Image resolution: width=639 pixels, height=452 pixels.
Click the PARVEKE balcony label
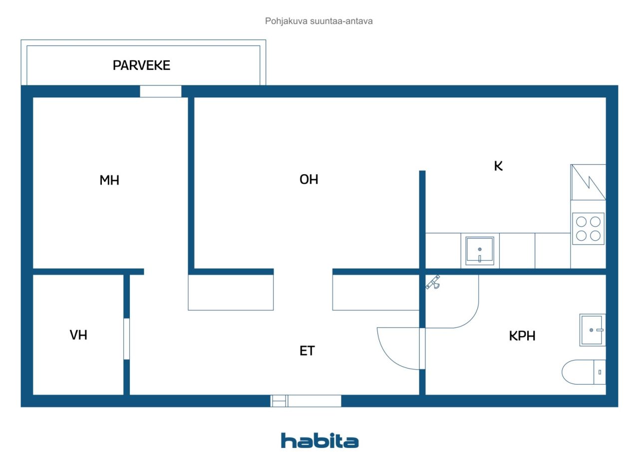141,65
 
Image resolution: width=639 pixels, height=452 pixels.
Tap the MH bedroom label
109,180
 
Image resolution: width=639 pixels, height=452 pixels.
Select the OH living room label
309,180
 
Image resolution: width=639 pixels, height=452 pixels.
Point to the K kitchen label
498,167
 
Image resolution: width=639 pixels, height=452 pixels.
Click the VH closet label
78,335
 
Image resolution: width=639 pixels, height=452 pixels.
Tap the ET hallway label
307,351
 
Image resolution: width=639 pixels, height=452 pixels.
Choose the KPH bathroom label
522,336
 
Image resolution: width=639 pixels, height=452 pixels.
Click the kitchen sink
480,251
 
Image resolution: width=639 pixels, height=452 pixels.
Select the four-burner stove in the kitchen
588,228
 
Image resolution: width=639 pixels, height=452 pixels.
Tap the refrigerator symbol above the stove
588,182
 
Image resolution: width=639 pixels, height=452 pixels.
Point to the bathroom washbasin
592,330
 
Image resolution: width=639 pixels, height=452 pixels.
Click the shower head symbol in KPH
433,283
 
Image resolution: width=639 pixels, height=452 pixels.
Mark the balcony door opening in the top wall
160,91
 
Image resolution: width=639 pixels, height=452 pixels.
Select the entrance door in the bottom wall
306,401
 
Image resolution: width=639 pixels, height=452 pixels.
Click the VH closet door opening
126,338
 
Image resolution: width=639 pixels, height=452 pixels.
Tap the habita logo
319,441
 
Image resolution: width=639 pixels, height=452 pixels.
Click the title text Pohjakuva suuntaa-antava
319,21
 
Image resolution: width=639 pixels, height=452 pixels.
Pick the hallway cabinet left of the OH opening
231,293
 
